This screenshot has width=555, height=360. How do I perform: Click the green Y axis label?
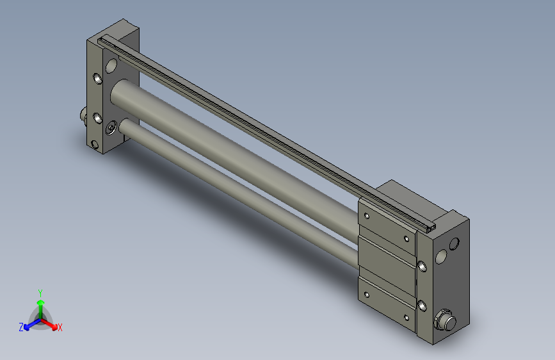[40, 293]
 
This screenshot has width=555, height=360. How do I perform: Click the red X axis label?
[60, 327]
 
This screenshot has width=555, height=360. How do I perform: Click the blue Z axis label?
[21, 327]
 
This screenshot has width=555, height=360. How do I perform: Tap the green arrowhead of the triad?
[41, 303]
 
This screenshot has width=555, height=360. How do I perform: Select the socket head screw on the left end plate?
[111, 127]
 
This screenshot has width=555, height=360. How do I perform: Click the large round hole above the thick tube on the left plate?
[111, 65]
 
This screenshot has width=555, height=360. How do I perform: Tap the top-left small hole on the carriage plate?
[367, 216]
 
